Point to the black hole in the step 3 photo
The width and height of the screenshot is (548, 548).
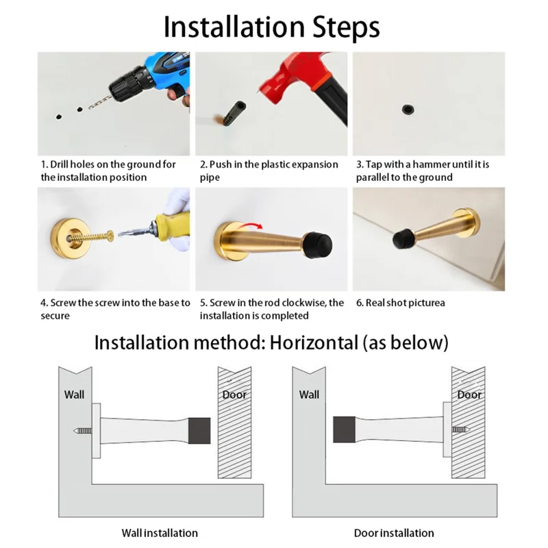point(408,109)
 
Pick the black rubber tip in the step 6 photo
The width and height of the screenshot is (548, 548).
point(401,240)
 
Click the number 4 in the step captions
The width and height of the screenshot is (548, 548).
point(44,303)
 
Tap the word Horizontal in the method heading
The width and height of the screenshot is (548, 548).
point(314,342)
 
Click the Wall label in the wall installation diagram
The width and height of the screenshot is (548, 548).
point(74,395)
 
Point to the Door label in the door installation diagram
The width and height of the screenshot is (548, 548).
point(469,395)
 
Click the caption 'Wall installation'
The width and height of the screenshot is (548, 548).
point(160,533)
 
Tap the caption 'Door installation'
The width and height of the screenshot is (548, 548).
point(394,533)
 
